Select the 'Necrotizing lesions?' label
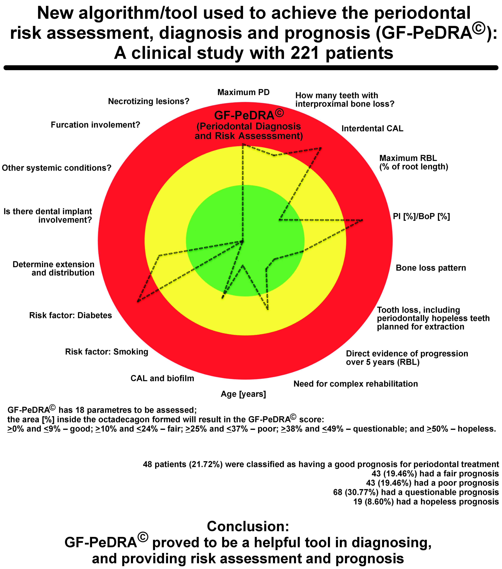click(149, 101)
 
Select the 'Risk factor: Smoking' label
click(107, 352)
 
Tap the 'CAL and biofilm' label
click(162, 378)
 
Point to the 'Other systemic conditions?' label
click(57, 168)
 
